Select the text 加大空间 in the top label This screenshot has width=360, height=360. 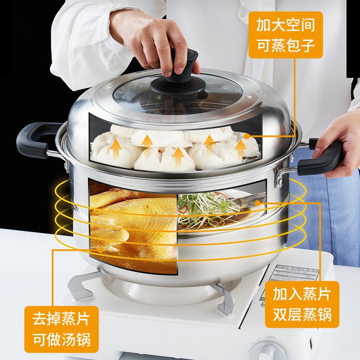[285, 25]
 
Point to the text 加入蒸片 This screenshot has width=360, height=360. [302, 293]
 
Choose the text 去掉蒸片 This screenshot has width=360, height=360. [61, 320]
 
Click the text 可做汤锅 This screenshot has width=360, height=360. [61, 340]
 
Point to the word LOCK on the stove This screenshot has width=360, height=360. [270, 336]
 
